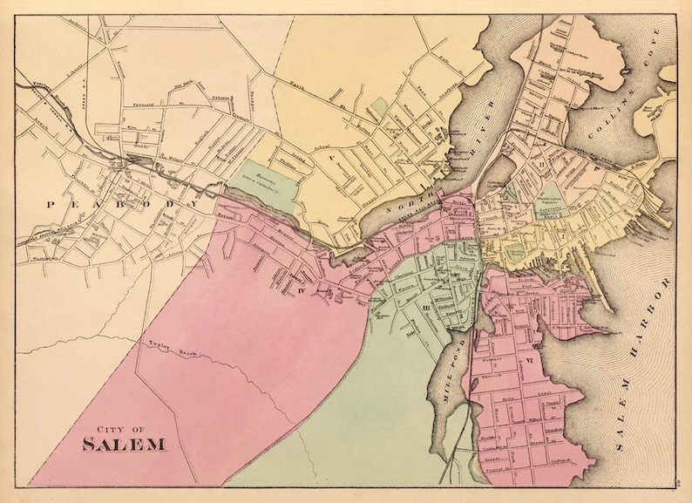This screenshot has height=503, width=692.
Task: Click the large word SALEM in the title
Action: coord(125,445)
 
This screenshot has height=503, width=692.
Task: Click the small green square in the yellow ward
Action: coord(378,109)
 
